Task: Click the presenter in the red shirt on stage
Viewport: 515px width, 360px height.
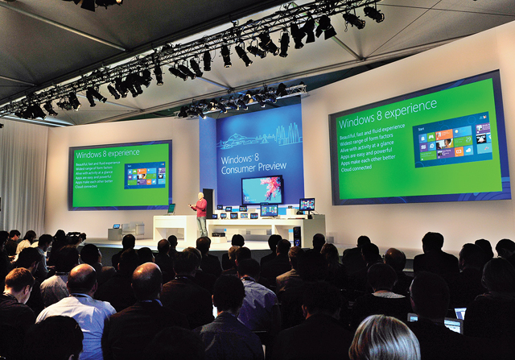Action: point(200,212)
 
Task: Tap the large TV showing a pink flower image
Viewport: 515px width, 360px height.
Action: point(262,189)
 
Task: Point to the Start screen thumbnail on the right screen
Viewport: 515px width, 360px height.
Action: point(452,139)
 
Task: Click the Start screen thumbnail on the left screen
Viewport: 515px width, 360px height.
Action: point(146,175)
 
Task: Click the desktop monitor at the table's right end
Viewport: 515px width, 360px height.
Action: point(307,205)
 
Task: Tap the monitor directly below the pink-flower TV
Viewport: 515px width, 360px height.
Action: point(269,210)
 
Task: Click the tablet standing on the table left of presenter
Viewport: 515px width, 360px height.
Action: point(171,209)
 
